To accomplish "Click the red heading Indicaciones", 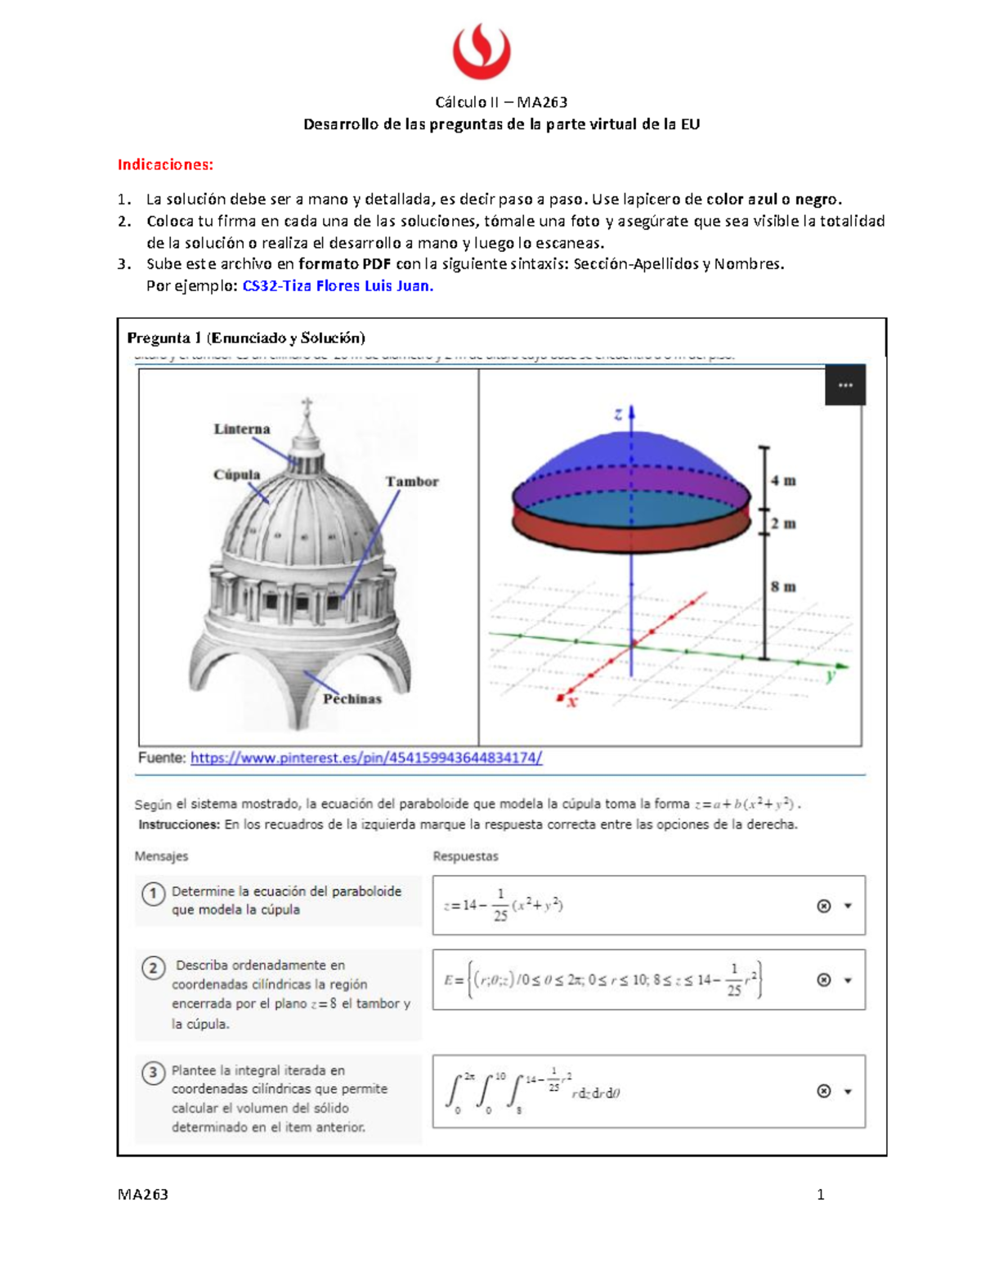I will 165,164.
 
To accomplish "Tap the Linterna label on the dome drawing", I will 242,429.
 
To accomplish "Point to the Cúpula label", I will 236,474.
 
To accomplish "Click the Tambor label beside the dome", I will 412,482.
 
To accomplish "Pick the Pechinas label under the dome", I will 352,698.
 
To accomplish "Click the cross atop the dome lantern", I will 307,405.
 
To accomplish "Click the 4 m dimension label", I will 783,481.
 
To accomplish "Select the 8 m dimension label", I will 783,586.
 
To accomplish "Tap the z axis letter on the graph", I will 618,415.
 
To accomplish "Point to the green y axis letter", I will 831,675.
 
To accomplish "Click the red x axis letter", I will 571,701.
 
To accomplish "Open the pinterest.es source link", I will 366,758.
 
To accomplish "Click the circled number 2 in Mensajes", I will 153,968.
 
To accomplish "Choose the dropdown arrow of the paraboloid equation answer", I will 848,906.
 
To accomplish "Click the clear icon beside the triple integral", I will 824,1091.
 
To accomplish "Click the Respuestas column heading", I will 465,856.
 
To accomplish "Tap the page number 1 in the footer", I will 821,1194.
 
